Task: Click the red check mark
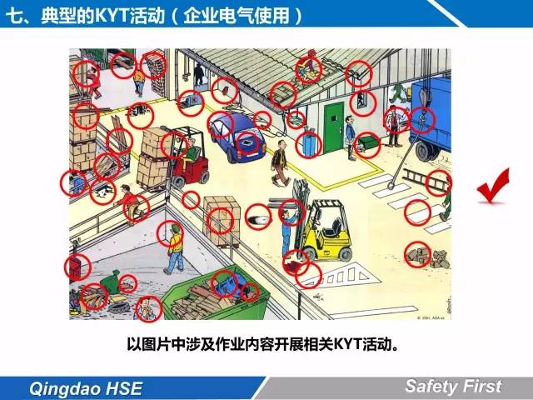point(493,187)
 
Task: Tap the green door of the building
point(333,127)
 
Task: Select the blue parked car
point(237,136)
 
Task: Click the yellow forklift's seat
point(332,227)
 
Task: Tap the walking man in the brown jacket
point(281,163)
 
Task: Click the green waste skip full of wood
point(215,297)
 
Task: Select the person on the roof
point(309,68)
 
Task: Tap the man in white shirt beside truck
point(394,126)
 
